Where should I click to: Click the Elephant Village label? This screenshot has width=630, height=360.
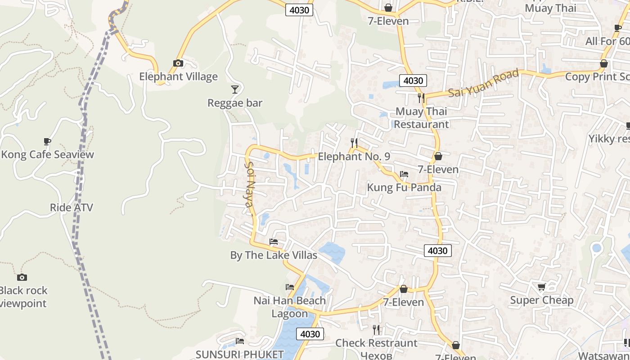pos(178,76)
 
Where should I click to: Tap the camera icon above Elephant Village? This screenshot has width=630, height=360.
pos(178,63)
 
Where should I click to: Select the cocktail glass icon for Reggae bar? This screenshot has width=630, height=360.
pos(234,89)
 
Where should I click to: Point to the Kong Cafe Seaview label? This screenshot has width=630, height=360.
pos(48,155)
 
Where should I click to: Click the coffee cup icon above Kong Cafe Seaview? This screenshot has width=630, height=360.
pos(47,142)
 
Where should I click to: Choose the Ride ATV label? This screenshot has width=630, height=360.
pos(71,207)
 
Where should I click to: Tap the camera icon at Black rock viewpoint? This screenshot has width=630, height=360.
pos(22,277)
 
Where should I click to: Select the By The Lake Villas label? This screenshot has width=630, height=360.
pos(274,255)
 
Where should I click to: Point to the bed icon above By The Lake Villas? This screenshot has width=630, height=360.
pos(273,242)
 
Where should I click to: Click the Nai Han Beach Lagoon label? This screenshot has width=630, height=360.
pos(289,307)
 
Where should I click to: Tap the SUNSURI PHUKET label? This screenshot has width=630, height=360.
pos(239,355)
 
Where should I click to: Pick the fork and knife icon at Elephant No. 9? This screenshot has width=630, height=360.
pos(354,143)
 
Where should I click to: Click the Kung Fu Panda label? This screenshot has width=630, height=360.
pos(404,187)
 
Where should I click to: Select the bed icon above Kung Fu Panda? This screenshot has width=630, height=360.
pos(404,174)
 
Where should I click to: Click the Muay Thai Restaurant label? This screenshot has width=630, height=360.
pos(422,118)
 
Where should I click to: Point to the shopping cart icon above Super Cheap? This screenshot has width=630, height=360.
pos(542,287)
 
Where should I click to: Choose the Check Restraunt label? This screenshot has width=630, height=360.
pos(376,343)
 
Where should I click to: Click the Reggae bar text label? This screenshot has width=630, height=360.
pos(234,103)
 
